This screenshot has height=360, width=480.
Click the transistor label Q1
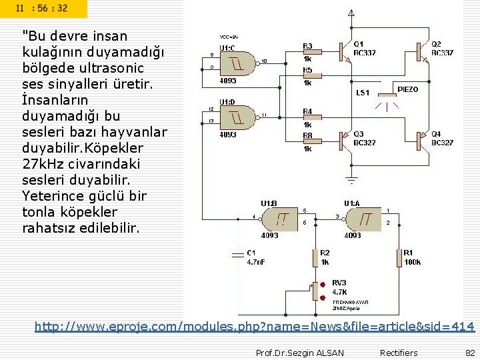[x=358, y=43]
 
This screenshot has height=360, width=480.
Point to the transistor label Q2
[x=436, y=43]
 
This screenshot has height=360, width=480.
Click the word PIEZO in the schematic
[x=408, y=89]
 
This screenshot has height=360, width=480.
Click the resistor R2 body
[x=315, y=257]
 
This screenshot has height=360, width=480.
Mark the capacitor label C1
[x=251, y=253]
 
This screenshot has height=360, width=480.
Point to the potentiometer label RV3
[x=339, y=282]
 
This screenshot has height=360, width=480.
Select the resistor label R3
[x=307, y=47]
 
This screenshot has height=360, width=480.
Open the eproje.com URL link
[x=254, y=327]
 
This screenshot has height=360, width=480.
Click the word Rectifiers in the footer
[x=399, y=353]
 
